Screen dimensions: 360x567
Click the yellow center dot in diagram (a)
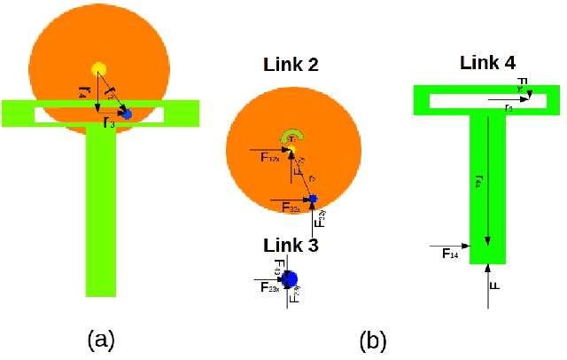click(x=98, y=69)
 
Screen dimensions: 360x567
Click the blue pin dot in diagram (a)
click(x=127, y=114)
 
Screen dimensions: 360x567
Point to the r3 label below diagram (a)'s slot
click(x=108, y=123)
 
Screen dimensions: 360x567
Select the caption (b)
click(x=372, y=339)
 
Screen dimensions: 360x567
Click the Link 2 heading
click(x=291, y=65)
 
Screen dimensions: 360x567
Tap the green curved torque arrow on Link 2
click(x=292, y=136)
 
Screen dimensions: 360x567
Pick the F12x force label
click(x=270, y=159)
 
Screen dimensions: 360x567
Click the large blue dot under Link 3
click(x=288, y=278)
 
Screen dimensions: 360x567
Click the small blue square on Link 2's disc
click(x=313, y=198)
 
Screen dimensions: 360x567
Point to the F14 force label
click(x=449, y=254)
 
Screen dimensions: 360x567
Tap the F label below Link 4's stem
click(x=495, y=287)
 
